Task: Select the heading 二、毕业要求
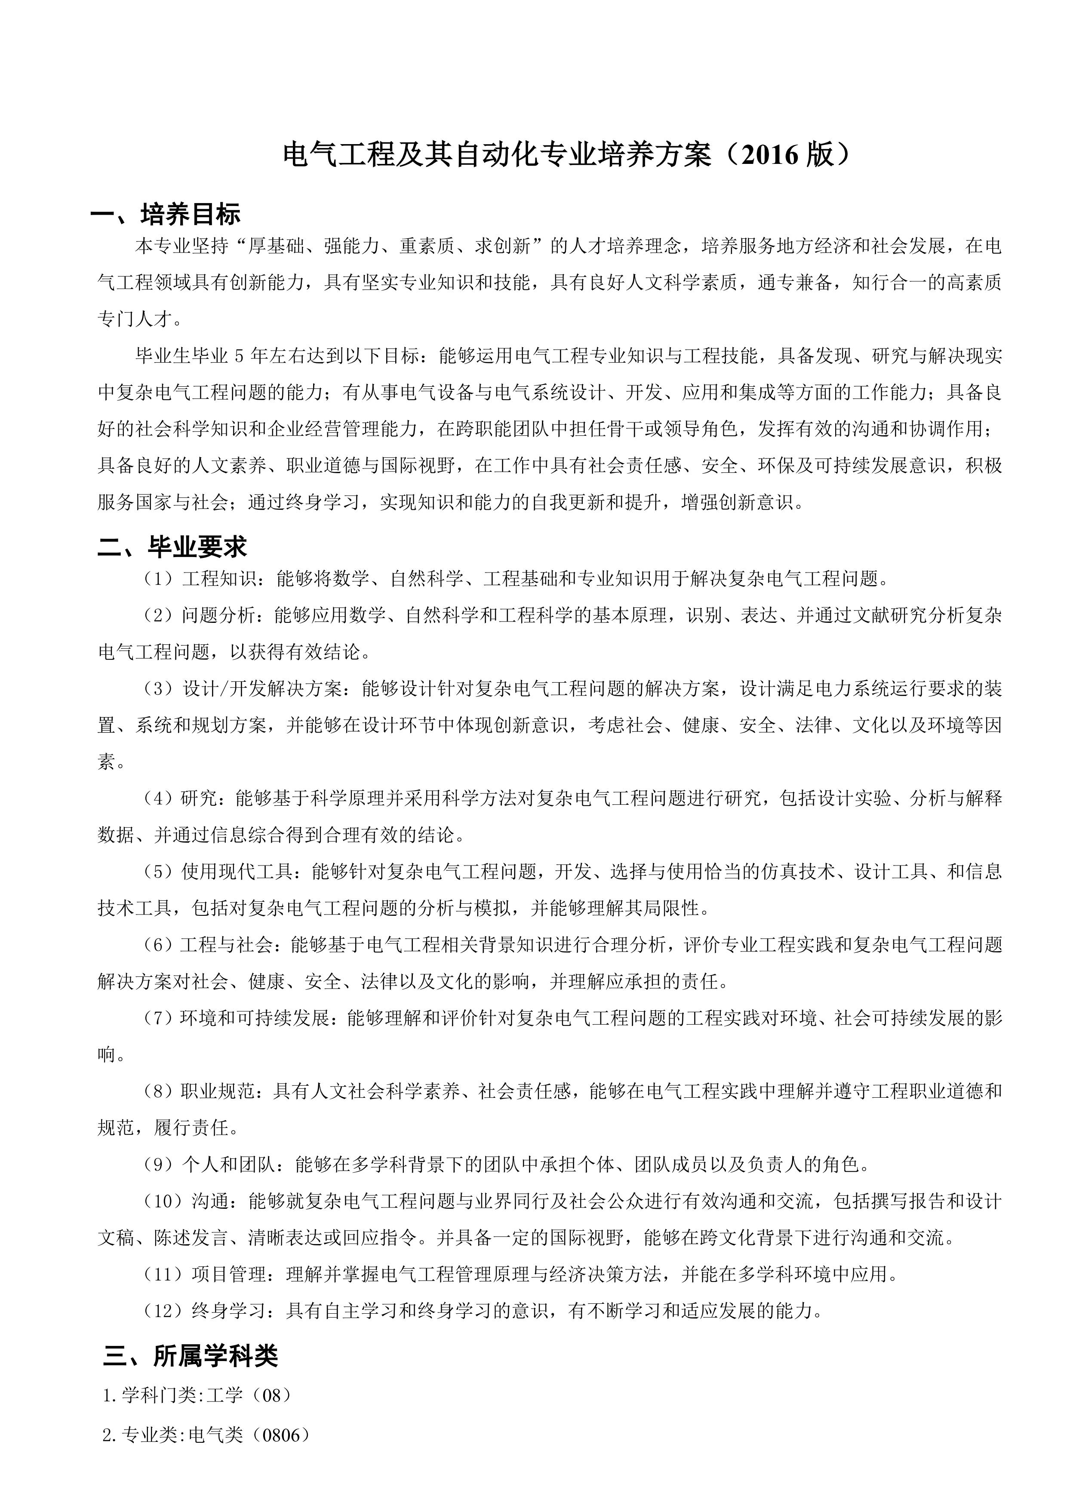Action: pos(172,546)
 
